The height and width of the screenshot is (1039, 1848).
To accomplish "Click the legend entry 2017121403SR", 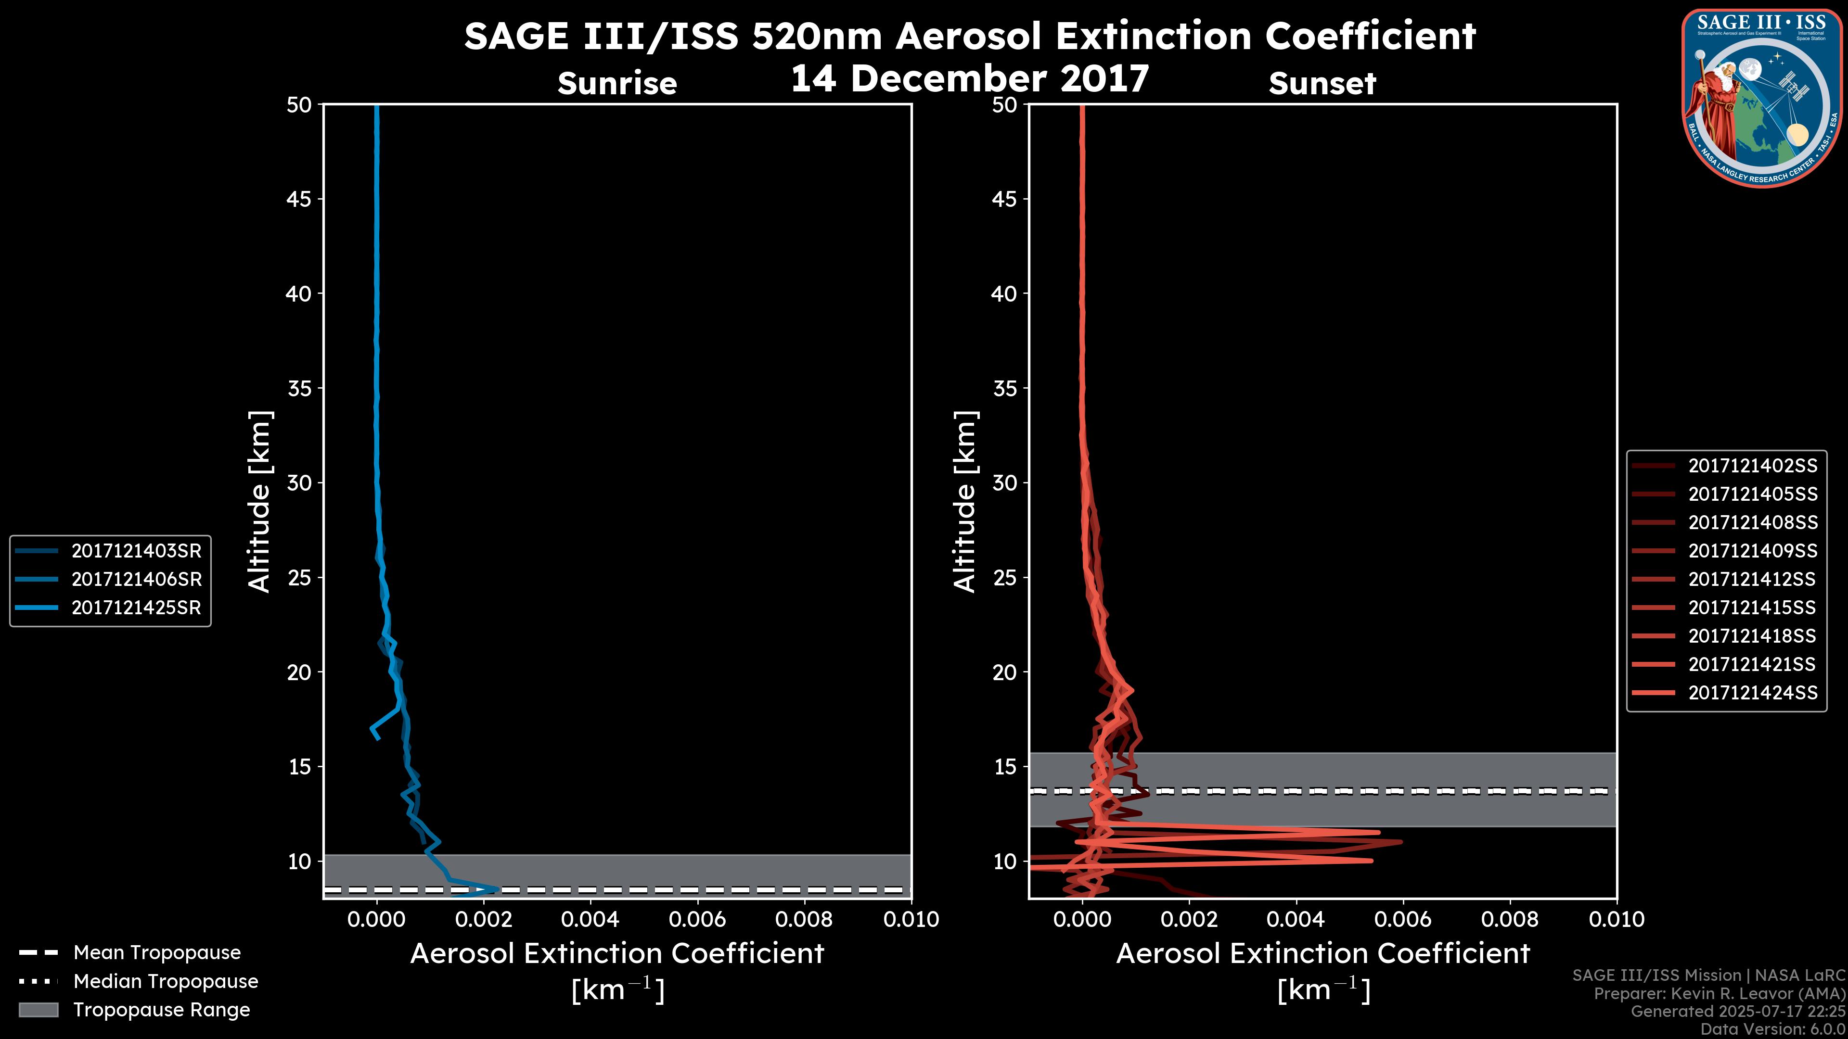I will tap(136, 551).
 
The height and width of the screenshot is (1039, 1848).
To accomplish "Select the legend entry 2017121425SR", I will tap(136, 608).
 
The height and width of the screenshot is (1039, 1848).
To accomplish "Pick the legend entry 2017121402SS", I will tap(1753, 465).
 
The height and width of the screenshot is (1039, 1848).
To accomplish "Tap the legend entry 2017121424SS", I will tap(1753, 693).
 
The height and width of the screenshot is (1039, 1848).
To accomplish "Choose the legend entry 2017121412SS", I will tap(1753, 579).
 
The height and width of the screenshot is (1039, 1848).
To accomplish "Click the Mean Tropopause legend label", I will tap(157, 952).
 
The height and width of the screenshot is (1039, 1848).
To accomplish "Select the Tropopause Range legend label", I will tap(161, 1010).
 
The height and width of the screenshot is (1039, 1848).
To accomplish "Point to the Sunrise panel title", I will tap(617, 83).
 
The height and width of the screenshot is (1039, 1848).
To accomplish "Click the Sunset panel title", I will tap(1322, 83).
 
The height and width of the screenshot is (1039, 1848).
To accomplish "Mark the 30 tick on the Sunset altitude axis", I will tap(1004, 482).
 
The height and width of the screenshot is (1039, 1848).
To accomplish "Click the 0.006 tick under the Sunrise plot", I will tap(697, 919).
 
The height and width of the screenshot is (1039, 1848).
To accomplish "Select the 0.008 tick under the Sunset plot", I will tap(1510, 919).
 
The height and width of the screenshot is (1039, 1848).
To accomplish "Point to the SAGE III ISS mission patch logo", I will tap(1762, 98).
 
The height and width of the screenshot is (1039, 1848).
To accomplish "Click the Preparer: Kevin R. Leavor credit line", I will tap(1719, 994).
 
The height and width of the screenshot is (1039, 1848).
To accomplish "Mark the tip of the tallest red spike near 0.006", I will tap(1401, 842).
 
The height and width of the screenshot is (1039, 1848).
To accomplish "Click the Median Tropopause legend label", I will tap(166, 981).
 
